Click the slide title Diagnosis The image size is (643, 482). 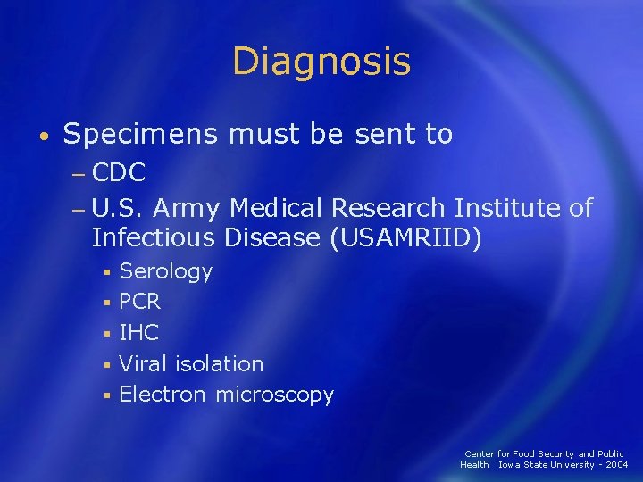coord(321,62)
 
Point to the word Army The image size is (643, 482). coord(188,208)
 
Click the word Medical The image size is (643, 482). coord(276,208)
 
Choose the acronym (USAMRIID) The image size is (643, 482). coord(405,239)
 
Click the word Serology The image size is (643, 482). coord(165,271)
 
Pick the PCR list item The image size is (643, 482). coord(139,302)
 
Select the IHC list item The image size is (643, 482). coord(138,333)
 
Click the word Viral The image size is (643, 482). coord(144,363)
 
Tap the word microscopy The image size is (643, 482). coord(274,395)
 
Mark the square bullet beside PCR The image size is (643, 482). coord(105,303)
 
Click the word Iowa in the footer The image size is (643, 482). coord(508,465)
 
